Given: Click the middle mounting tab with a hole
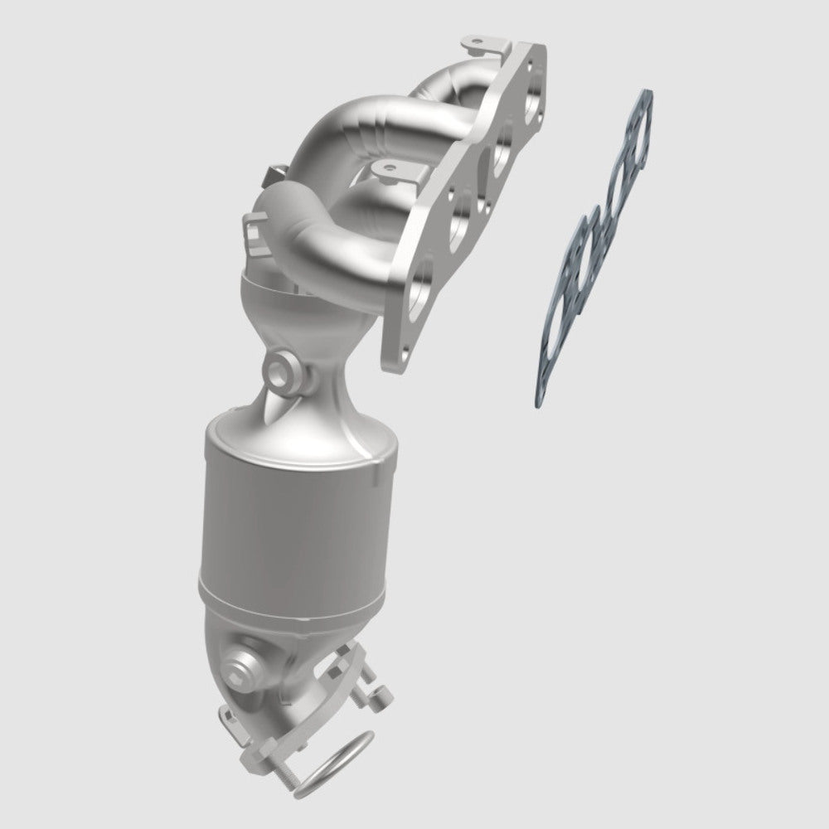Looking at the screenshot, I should (388, 171).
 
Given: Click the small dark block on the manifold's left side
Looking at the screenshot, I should (270, 176).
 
